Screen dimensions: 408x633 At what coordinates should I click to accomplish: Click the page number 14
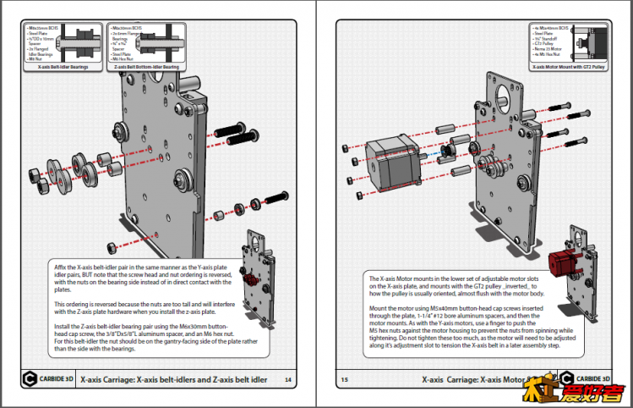pos(287,380)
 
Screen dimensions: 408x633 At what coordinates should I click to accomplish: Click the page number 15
pos(344,380)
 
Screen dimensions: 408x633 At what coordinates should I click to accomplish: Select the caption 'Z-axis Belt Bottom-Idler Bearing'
pos(146,67)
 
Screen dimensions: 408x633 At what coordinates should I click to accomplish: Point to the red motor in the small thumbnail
pos(561,264)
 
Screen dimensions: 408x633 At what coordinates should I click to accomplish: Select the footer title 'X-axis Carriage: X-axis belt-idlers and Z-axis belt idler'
pos(173,380)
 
